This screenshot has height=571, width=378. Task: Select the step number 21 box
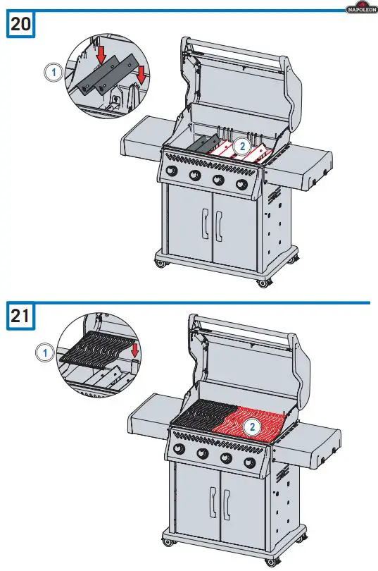[21, 316]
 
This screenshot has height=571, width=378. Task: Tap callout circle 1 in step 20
[50, 70]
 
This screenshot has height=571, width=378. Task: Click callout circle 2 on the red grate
[251, 426]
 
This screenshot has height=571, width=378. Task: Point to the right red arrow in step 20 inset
[143, 72]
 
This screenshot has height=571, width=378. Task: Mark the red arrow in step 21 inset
[135, 348]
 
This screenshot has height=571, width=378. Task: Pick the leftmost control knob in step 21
[180, 450]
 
